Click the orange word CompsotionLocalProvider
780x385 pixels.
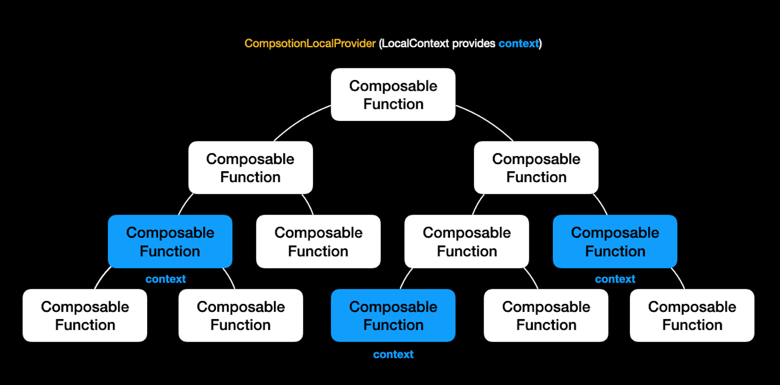tap(310, 43)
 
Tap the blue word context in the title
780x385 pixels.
tap(518, 43)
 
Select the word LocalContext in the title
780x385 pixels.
tap(415, 43)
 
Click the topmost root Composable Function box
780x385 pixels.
tap(393, 95)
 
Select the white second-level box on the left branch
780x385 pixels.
tap(250, 167)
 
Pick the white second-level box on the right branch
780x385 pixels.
tap(536, 167)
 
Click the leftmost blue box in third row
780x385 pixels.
tap(170, 242)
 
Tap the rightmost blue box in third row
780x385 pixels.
tap(615, 242)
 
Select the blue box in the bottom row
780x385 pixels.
tap(393, 315)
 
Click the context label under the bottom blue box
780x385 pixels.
tap(393, 354)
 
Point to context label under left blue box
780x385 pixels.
tap(165, 279)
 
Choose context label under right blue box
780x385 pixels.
tap(615, 279)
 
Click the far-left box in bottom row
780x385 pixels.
tap(85, 315)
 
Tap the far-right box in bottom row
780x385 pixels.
tap(692, 315)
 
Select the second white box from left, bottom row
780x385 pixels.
tap(240, 315)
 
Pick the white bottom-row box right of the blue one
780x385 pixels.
tap(546, 315)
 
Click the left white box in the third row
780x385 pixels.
tap(318, 242)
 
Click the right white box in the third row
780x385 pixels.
tap(467, 242)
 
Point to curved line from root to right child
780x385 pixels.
tap(487, 120)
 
